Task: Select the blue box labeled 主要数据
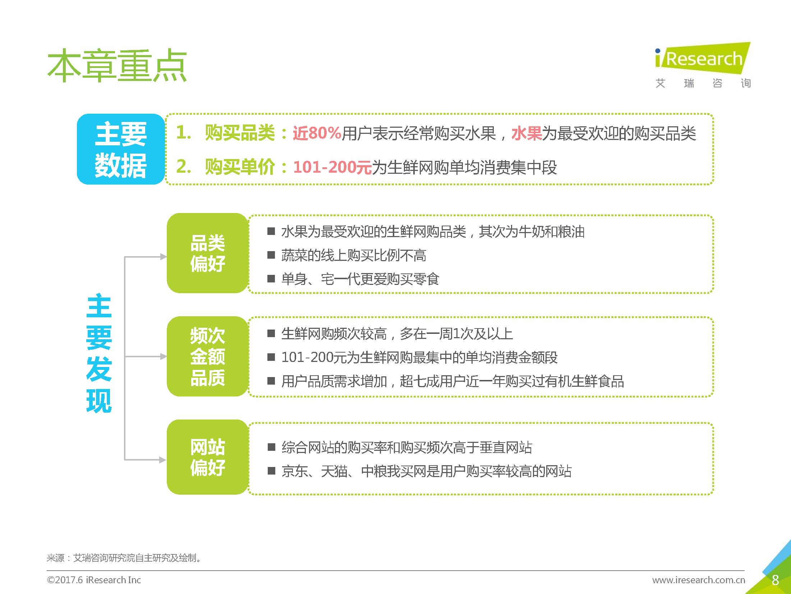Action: pyautogui.click(x=121, y=149)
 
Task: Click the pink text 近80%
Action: pyautogui.click(x=317, y=133)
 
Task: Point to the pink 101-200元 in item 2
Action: pyautogui.click(x=332, y=167)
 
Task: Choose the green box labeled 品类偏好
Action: pyautogui.click(x=208, y=253)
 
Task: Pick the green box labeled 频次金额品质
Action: pyautogui.click(x=208, y=357)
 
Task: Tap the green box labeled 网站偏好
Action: pyautogui.click(x=208, y=457)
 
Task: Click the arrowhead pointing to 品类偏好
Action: pyautogui.click(x=164, y=257)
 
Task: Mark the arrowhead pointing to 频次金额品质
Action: pyautogui.click(x=164, y=357)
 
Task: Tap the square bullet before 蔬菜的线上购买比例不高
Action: pyautogui.click(x=271, y=255)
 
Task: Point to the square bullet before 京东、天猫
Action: pyautogui.click(x=271, y=471)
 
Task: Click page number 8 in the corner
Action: pyautogui.click(x=775, y=580)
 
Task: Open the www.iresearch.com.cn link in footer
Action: pyautogui.click(x=699, y=580)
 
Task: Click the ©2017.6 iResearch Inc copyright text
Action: pyautogui.click(x=94, y=580)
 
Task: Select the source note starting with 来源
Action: pyautogui.click(x=124, y=558)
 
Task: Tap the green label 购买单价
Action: pyautogui.click(x=240, y=167)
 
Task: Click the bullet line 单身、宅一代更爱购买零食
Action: pyautogui.click(x=360, y=279)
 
